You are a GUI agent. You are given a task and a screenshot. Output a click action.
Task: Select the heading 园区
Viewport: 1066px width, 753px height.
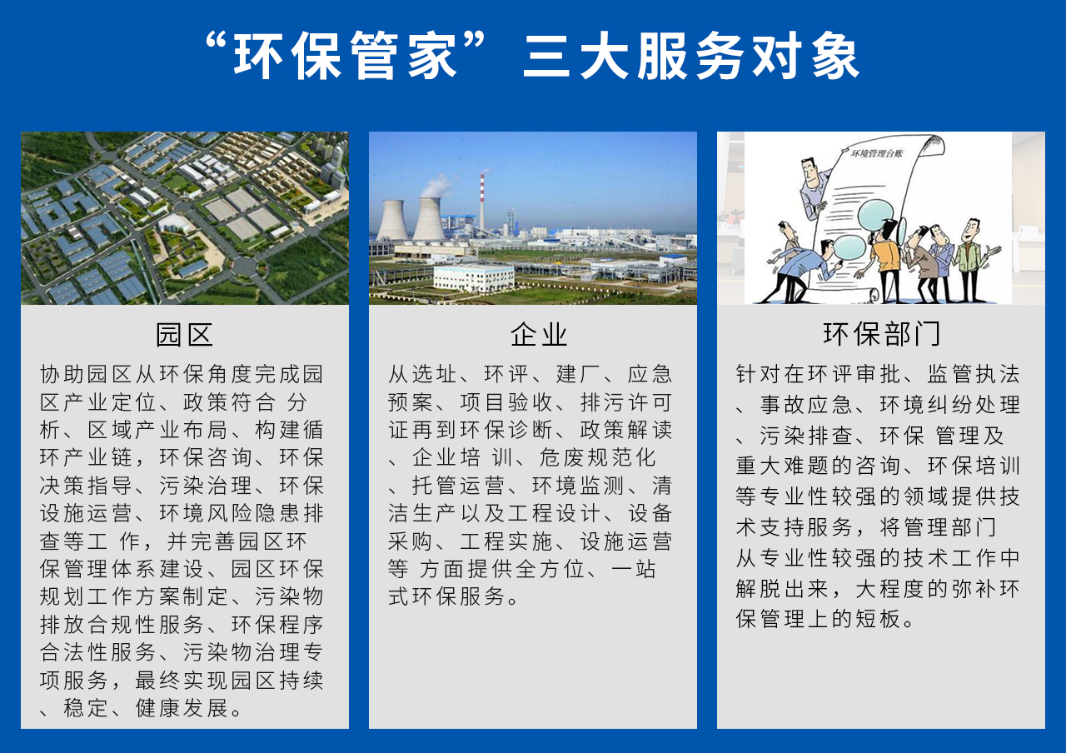(185, 335)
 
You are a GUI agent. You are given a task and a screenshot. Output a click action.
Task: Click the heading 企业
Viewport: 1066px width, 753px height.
(540, 335)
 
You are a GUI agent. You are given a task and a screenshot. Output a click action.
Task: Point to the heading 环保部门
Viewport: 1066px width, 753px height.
(882, 335)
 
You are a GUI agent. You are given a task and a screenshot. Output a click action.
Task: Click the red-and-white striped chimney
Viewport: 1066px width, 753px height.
(481, 204)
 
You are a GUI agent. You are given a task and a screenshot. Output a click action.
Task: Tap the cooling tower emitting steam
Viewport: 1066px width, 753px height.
(428, 218)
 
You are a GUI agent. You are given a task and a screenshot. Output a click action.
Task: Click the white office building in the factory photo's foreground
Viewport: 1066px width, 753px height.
(473, 277)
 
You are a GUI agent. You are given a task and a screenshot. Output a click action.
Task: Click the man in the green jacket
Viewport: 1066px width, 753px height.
(969, 258)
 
